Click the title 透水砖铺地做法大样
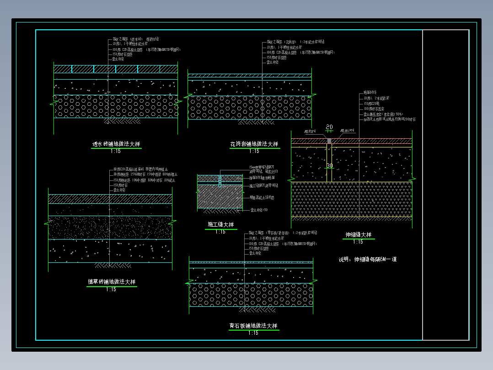pyautogui.click(x=116, y=144)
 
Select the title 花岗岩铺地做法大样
pyautogui.click(x=254, y=144)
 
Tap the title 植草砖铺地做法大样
pyautogui.click(x=112, y=282)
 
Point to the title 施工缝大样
pyautogui.click(x=220, y=225)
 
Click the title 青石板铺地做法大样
pyautogui.click(x=253, y=326)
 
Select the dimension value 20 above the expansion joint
pyautogui.click(x=329, y=127)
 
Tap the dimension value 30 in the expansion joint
pyautogui.click(x=329, y=165)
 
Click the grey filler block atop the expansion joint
pyautogui.click(x=329, y=141)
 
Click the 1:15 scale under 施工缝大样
pyautogui.click(x=220, y=232)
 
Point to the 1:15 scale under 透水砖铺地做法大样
pyautogui.click(x=116, y=151)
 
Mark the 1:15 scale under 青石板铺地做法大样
pyautogui.click(x=253, y=333)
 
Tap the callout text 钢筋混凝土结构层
pyautogui.click(x=262, y=198)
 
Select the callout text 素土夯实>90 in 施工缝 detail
pyautogui.click(x=259, y=210)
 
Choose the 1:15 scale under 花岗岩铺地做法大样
pyautogui.click(x=254, y=151)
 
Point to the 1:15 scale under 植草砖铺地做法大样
pyautogui.click(x=111, y=289)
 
